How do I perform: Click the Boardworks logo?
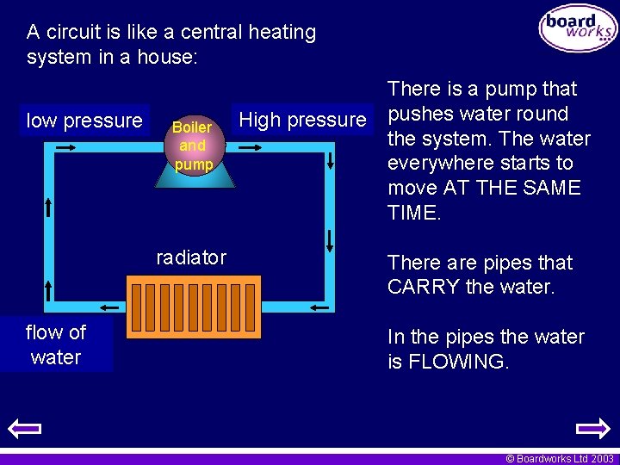577,28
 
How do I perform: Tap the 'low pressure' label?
84,121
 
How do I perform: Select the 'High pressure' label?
302,120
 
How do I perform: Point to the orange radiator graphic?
193,307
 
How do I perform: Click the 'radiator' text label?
191,257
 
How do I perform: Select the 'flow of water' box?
56,344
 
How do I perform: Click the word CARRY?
424,287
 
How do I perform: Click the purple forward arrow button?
592,429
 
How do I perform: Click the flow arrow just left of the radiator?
109,306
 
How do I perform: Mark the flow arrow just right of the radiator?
318,307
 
